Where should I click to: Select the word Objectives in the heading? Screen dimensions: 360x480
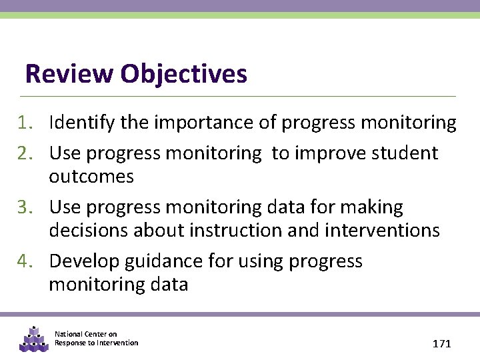click(184, 73)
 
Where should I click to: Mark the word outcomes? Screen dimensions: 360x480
click(91, 177)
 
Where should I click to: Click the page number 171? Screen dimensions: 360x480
click(442, 344)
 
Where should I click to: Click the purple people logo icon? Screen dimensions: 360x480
click(33, 339)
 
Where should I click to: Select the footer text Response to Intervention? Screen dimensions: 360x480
click(97, 343)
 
